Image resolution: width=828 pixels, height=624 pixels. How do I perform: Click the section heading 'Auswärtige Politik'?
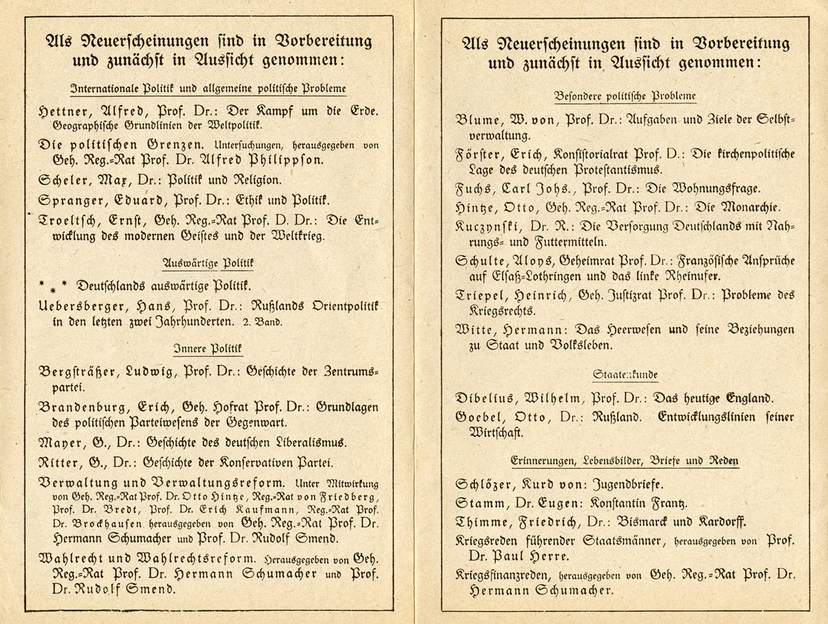click(x=208, y=263)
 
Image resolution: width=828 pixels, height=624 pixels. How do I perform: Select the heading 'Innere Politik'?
click(x=208, y=348)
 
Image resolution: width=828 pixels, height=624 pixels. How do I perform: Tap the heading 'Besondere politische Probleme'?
click(x=615, y=97)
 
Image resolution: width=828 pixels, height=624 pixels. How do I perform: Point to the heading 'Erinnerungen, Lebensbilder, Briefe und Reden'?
click(x=614, y=461)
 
